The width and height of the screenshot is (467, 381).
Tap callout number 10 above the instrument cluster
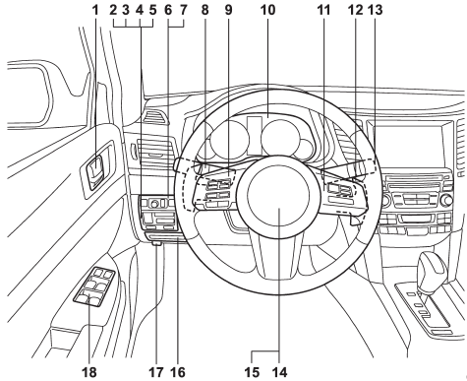pos(265,12)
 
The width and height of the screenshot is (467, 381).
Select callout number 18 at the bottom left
pos(96,370)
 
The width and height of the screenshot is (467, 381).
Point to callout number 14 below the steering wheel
pos(280,370)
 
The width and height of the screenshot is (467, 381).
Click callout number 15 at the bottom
pos(256,370)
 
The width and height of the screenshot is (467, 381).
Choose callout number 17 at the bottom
pos(155,370)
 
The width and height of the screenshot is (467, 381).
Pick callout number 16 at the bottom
pos(178,370)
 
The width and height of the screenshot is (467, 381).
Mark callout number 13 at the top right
pos(375,12)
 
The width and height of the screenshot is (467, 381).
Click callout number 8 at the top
pos(204,12)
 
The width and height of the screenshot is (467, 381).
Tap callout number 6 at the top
pos(168,12)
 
